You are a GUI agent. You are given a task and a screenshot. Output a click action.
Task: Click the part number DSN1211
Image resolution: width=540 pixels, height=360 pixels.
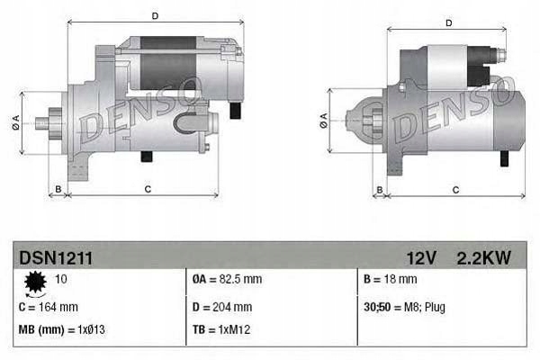(x=55, y=257)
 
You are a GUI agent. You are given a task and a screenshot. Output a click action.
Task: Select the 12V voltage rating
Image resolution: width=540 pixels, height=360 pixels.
(x=421, y=257)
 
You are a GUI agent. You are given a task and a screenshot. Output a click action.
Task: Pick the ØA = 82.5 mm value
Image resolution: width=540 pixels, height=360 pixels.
(x=228, y=280)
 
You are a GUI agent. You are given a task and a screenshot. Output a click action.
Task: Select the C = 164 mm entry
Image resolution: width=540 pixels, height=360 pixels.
(x=49, y=306)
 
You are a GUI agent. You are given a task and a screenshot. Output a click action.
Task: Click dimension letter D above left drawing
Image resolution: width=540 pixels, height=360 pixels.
(x=155, y=15)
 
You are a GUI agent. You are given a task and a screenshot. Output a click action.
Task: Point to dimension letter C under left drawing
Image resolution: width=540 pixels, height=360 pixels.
(x=147, y=189)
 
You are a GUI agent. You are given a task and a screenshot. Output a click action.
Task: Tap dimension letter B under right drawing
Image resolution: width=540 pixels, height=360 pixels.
(x=380, y=189)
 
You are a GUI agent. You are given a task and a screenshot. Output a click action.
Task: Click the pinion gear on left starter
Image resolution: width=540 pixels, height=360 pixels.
(x=52, y=121)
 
